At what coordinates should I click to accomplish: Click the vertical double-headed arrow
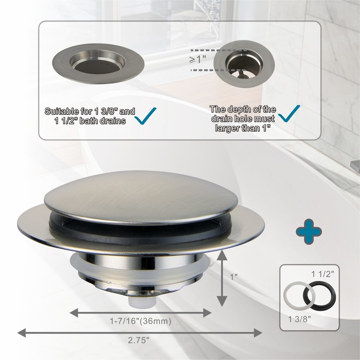pos(221,279)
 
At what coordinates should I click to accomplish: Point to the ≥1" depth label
pos(197,59)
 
